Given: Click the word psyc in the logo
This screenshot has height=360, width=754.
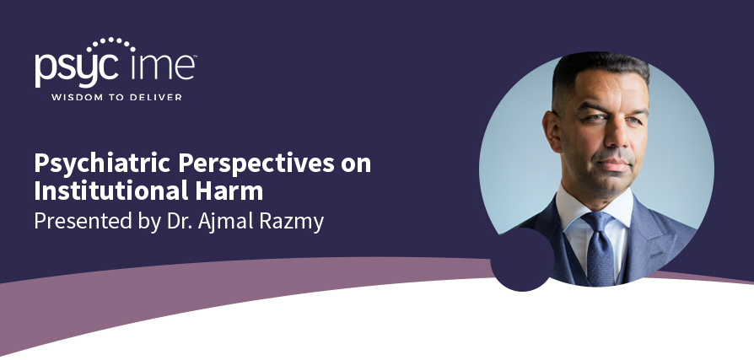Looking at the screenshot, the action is tap(76, 70).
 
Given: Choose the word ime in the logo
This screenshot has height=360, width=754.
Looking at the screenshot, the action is tap(163, 67).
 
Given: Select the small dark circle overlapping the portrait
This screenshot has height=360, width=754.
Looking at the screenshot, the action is tap(522, 260).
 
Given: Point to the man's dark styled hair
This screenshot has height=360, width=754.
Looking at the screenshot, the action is tap(596, 73).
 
